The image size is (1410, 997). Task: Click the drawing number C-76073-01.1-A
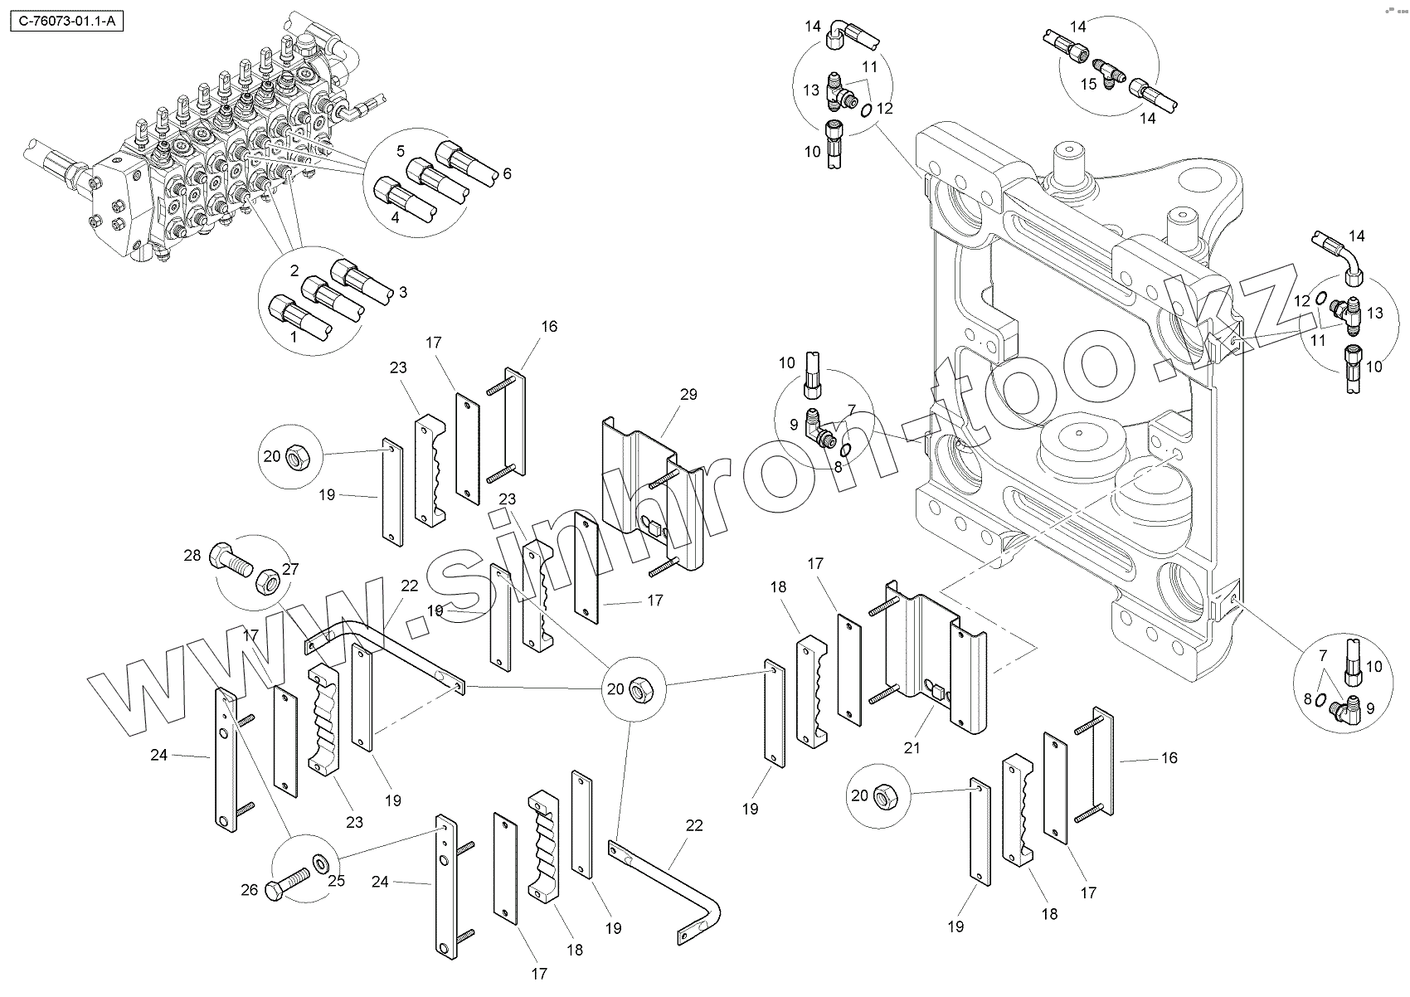point(65,22)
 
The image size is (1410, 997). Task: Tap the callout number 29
point(688,394)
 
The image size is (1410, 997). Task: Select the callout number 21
point(912,747)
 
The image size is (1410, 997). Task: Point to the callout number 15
point(1087,83)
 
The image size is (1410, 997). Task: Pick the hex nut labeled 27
point(265,581)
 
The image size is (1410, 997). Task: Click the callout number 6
point(507,173)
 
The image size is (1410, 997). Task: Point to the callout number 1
point(292,338)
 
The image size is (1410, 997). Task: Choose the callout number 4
point(395,218)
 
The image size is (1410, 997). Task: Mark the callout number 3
point(402,291)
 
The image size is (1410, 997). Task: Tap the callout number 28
point(192,555)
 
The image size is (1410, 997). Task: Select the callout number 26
point(249,890)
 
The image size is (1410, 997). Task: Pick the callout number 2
point(294,270)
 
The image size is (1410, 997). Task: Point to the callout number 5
point(401,150)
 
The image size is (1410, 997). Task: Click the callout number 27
point(290,569)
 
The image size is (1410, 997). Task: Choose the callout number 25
point(336,880)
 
